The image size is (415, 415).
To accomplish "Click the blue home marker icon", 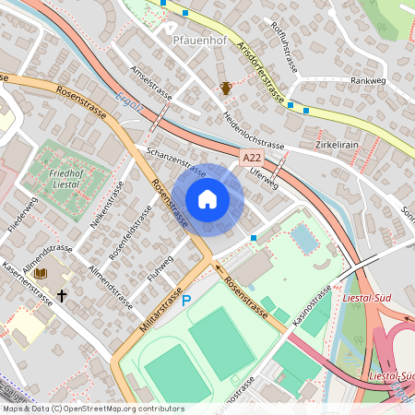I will pyautogui.click(x=207, y=199).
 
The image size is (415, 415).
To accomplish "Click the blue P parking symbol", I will pyautogui.click(x=185, y=301).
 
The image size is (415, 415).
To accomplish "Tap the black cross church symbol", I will pyautogui.click(x=63, y=296).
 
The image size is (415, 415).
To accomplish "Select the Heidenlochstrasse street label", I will pyautogui.click(x=253, y=132).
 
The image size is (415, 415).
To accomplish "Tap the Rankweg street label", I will pyautogui.click(x=367, y=80).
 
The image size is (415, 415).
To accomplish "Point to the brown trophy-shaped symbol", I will pyautogui.click(x=225, y=89).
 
